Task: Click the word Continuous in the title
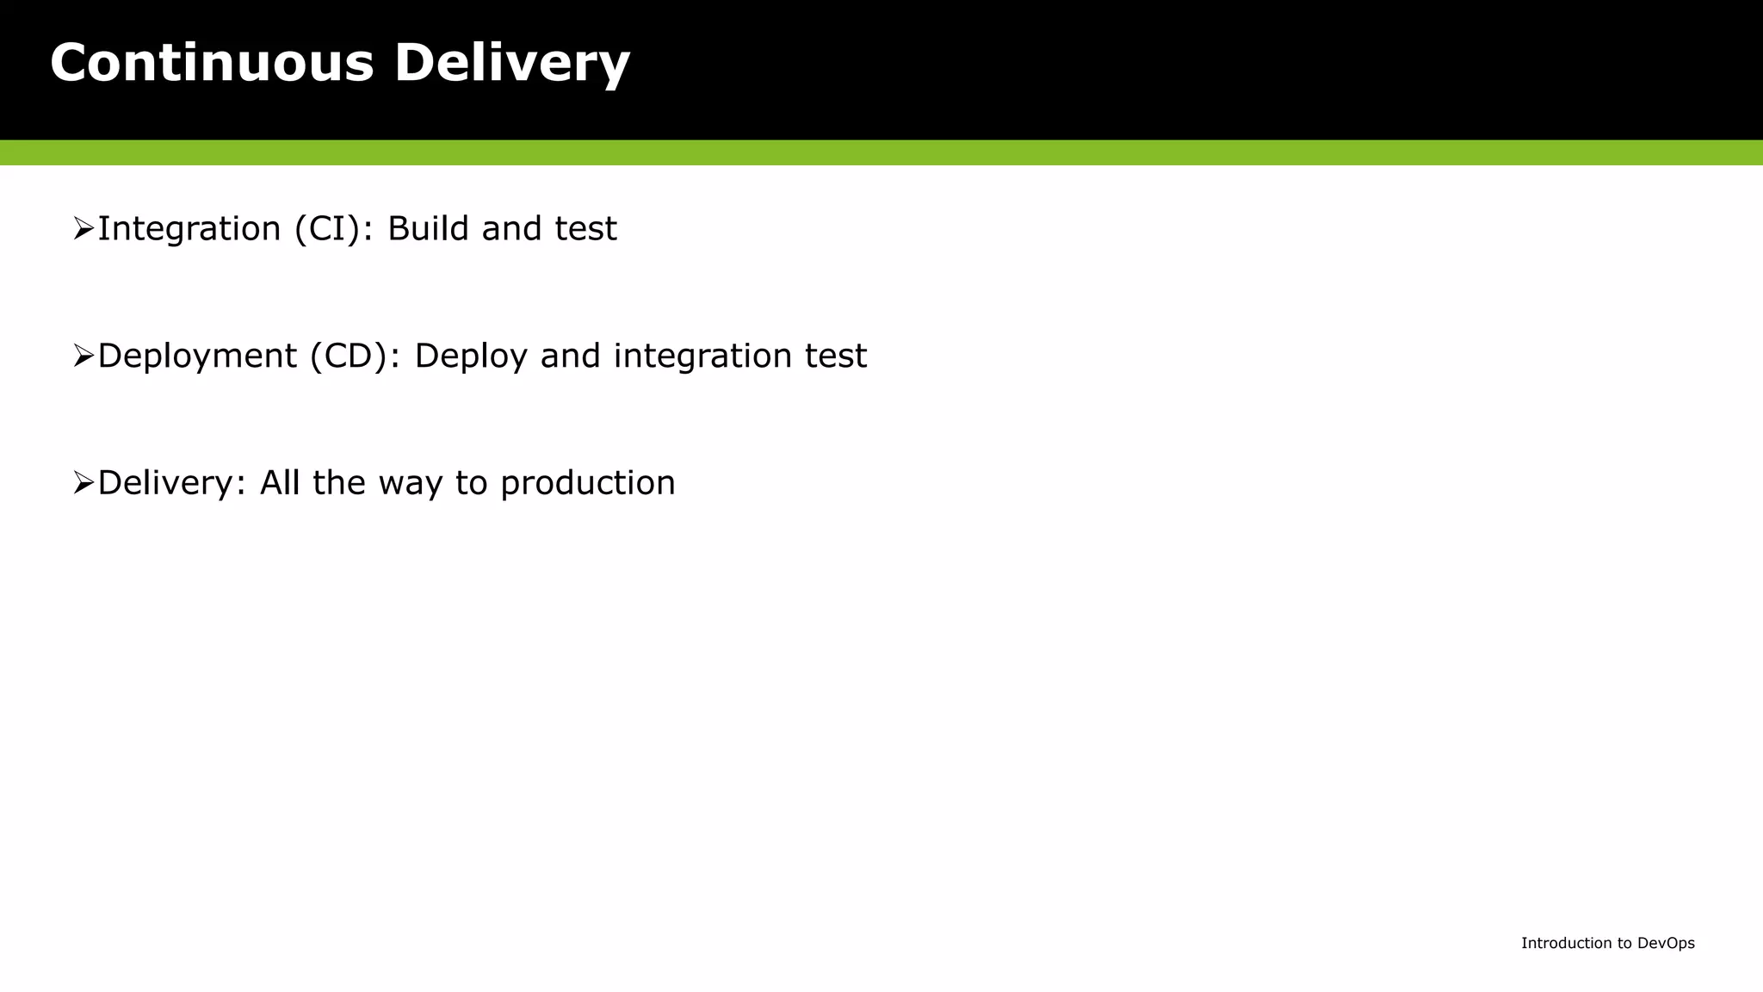tap(212, 63)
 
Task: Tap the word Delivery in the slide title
tap(511, 63)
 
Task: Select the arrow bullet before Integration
tap(84, 229)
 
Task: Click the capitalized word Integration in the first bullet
tap(189, 229)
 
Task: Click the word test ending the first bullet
tap(585, 229)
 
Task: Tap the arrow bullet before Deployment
tap(84, 356)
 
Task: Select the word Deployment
tap(197, 356)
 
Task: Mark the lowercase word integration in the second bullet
tap(702, 356)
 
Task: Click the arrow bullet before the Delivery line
tap(84, 483)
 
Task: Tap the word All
tap(279, 483)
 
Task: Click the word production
tap(588, 483)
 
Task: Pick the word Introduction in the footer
tap(1566, 943)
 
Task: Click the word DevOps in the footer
tap(1666, 943)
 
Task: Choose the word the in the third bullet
tap(338, 483)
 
